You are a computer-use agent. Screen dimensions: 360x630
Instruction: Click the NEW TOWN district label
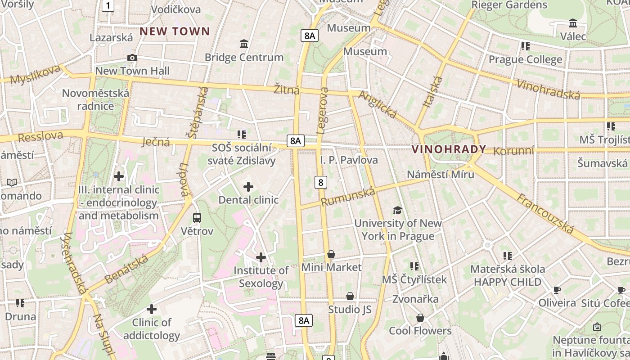[x=175, y=31]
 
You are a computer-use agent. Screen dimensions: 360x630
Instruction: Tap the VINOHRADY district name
[x=449, y=149]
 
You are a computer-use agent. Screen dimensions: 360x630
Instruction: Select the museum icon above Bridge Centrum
[x=244, y=44]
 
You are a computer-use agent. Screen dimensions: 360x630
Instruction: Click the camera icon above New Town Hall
[x=132, y=58]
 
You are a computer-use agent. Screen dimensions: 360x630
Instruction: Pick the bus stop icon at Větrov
[x=197, y=218]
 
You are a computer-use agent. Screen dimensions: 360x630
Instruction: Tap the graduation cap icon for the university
[x=397, y=210]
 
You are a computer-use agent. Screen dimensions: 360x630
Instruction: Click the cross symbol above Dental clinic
[x=248, y=186]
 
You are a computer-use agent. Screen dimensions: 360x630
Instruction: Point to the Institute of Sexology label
[x=261, y=277]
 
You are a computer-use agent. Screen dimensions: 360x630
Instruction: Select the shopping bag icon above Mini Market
[x=331, y=254]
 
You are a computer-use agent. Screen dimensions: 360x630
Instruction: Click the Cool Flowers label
[x=420, y=331]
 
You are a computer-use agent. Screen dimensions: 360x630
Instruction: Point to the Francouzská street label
[x=545, y=214]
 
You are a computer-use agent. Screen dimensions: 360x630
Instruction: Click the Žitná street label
[x=287, y=89]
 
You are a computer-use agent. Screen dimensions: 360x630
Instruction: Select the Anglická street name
[x=377, y=105]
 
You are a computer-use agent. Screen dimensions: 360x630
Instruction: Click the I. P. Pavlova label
[x=349, y=160]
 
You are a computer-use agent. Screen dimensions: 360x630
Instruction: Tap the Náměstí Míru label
[x=440, y=174]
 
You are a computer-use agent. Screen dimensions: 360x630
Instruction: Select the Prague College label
[x=525, y=59]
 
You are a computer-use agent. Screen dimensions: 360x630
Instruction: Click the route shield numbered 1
[x=108, y=6]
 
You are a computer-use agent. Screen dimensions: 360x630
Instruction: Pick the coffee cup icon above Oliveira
[x=557, y=290]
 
